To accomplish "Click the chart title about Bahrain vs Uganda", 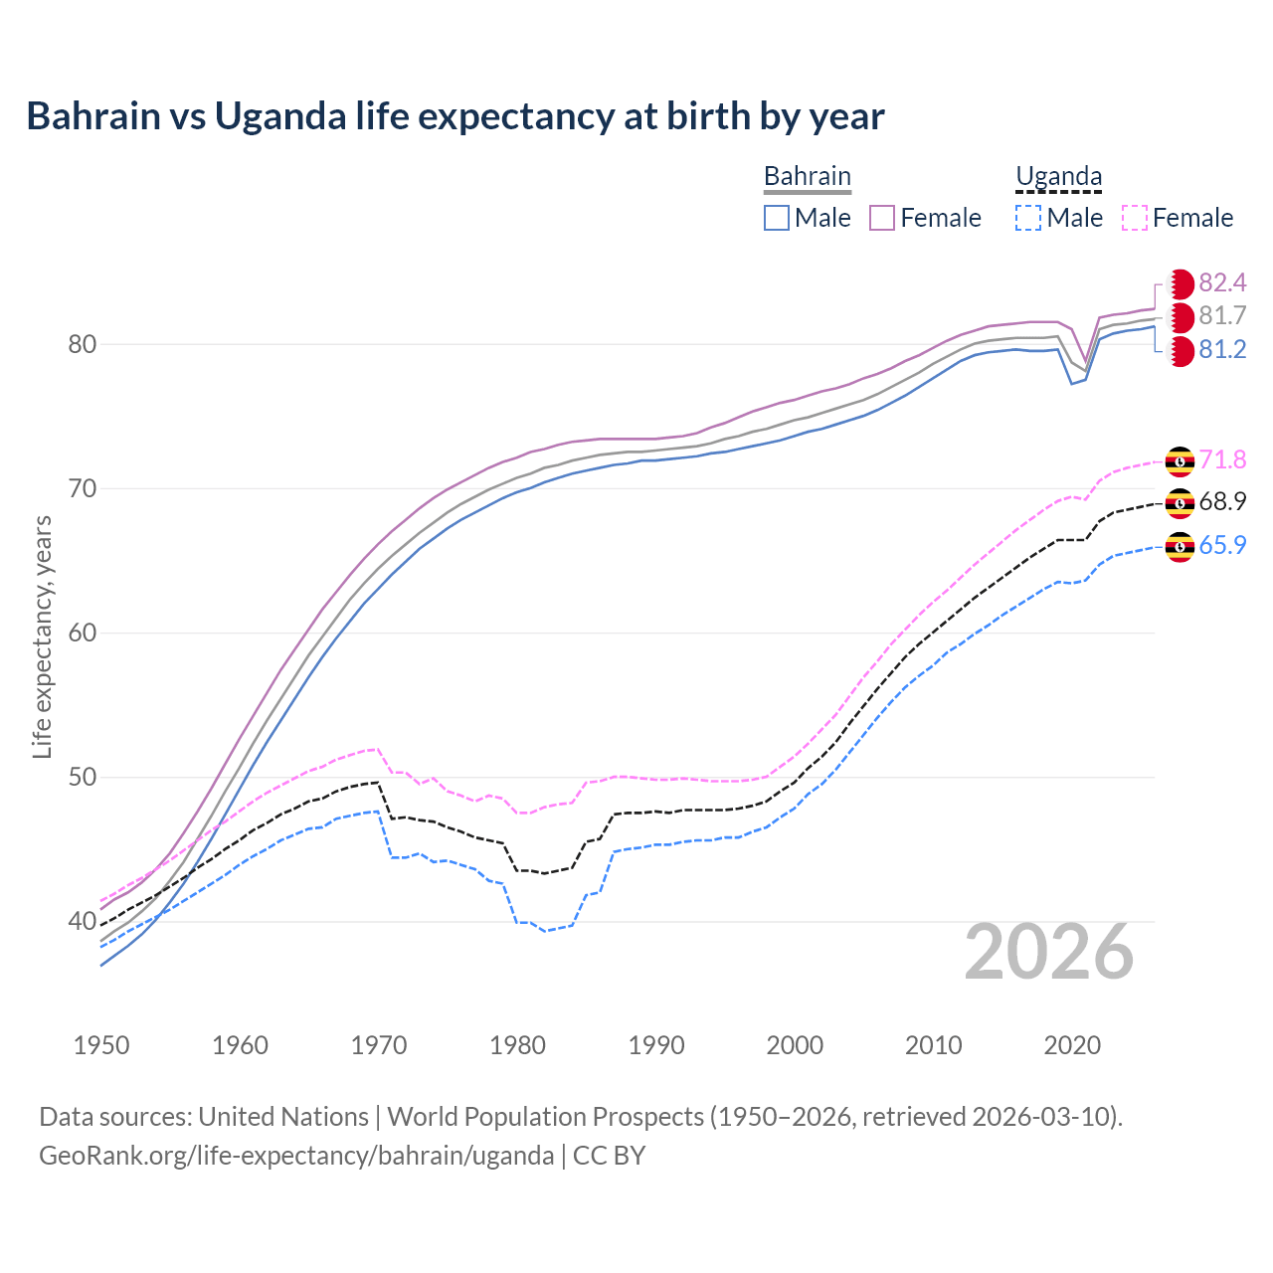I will pos(455,116).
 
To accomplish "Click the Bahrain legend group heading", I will pos(807,176).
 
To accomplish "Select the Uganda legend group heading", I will pos(1058,176).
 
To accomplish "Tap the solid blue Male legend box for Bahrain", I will pos(777,218).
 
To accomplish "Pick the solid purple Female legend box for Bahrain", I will pos(882,218).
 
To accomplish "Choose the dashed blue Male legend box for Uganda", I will pos(1028,218).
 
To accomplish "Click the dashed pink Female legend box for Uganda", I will pos(1135,218).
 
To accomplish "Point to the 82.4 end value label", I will pos(1222,283).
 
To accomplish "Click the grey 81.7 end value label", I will pos(1222,316).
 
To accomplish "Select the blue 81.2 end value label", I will pos(1222,350).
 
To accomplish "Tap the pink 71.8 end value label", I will pos(1222,459).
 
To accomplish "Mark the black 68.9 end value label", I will pos(1222,502).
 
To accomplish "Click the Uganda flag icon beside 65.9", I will pos(1180,546).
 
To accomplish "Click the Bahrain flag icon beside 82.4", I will pos(1180,284).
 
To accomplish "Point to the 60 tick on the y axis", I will pos(82,633).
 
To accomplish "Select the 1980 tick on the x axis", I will pos(517,1045).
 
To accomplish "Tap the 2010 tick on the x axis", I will pos(933,1045).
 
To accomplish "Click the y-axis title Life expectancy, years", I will pos(42,636).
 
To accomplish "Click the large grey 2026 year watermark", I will pos(1049,952).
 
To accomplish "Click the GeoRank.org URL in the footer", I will pos(296,1156).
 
